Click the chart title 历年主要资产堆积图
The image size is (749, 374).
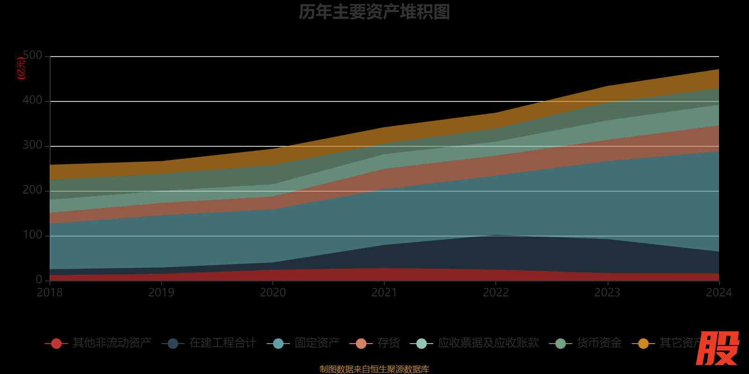(x=374, y=12)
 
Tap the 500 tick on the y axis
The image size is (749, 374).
(x=33, y=56)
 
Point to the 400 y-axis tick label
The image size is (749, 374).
(x=33, y=101)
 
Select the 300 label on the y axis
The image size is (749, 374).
(x=33, y=145)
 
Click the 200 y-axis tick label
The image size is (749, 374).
(x=33, y=190)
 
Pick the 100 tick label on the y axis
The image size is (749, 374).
(x=33, y=235)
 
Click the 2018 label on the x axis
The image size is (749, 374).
(x=50, y=293)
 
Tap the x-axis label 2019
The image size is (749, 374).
(x=162, y=293)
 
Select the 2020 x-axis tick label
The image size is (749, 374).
(x=273, y=293)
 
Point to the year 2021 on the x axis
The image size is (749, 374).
(x=384, y=293)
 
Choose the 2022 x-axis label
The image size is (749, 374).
(x=496, y=293)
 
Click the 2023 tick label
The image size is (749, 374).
(x=607, y=293)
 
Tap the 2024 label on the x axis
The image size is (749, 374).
(x=719, y=293)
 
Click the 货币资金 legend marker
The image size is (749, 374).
(x=560, y=344)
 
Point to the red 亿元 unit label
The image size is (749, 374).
(x=21, y=68)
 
